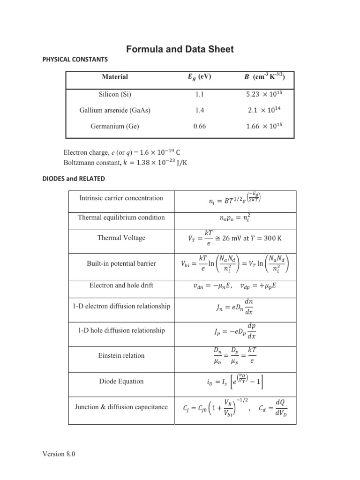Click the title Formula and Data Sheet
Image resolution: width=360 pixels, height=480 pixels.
click(x=180, y=49)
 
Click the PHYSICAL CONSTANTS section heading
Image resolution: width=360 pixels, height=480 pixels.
click(x=75, y=60)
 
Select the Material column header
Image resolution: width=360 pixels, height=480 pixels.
click(x=115, y=76)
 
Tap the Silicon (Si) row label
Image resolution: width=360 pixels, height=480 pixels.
click(x=115, y=94)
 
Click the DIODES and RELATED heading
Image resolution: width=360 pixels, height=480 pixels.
click(x=74, y=179)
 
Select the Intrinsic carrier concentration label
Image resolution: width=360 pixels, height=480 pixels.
click(x=121, y=198)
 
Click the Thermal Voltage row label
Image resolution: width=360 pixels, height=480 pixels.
click(x=121, y=238)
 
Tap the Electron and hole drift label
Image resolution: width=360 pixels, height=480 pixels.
click(x=121, y=285)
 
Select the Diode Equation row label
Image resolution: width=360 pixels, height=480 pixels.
click(x=121, y=381)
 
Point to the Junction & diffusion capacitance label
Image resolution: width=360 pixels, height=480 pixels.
click(x=121, y=407)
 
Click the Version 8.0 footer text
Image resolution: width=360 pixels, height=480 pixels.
click(x=59, y=454)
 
